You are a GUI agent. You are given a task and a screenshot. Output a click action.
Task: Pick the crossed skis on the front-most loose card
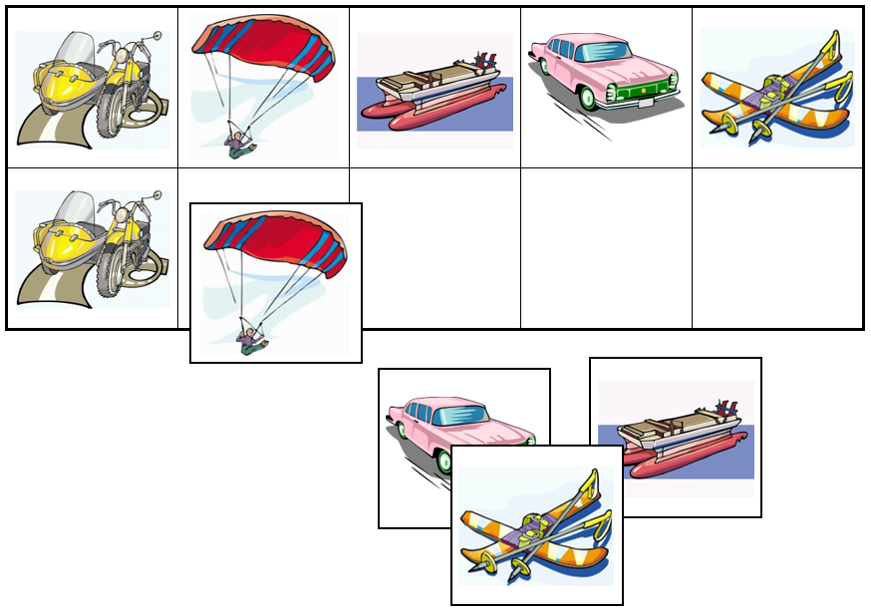coord(536,528)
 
